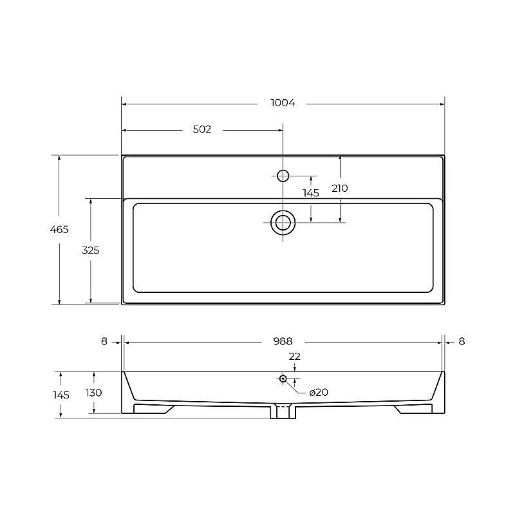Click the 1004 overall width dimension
283,103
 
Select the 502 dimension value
202,129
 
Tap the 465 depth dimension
59,229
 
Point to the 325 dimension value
91,250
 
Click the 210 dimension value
340,189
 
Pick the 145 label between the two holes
311,193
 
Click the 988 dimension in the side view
283,342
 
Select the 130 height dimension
93,393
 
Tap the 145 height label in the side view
61,395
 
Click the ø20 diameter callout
319,392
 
